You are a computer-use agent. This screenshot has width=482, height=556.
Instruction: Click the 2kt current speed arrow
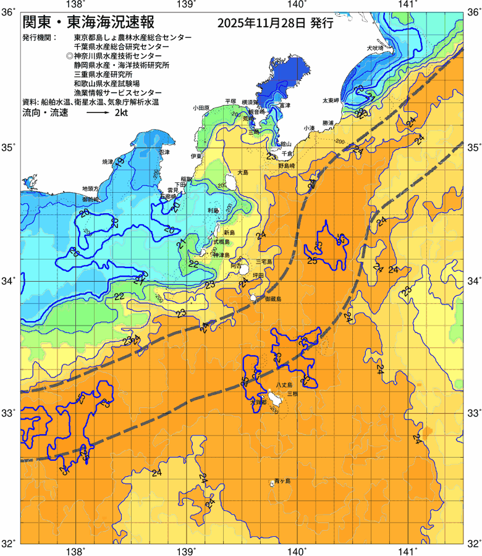[98, 114]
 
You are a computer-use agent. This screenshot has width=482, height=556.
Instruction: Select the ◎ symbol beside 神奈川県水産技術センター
[69, 56]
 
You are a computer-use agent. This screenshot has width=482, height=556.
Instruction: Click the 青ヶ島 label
[282, 480]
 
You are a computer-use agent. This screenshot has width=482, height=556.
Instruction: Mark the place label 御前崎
[90, 200]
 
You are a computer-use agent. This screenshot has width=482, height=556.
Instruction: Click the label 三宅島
[273, 262]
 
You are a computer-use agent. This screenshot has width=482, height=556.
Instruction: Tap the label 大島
[242, 172]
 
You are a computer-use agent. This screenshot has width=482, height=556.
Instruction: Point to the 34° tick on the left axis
[8, 281]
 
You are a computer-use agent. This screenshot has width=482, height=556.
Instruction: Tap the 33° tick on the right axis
[473, 412]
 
